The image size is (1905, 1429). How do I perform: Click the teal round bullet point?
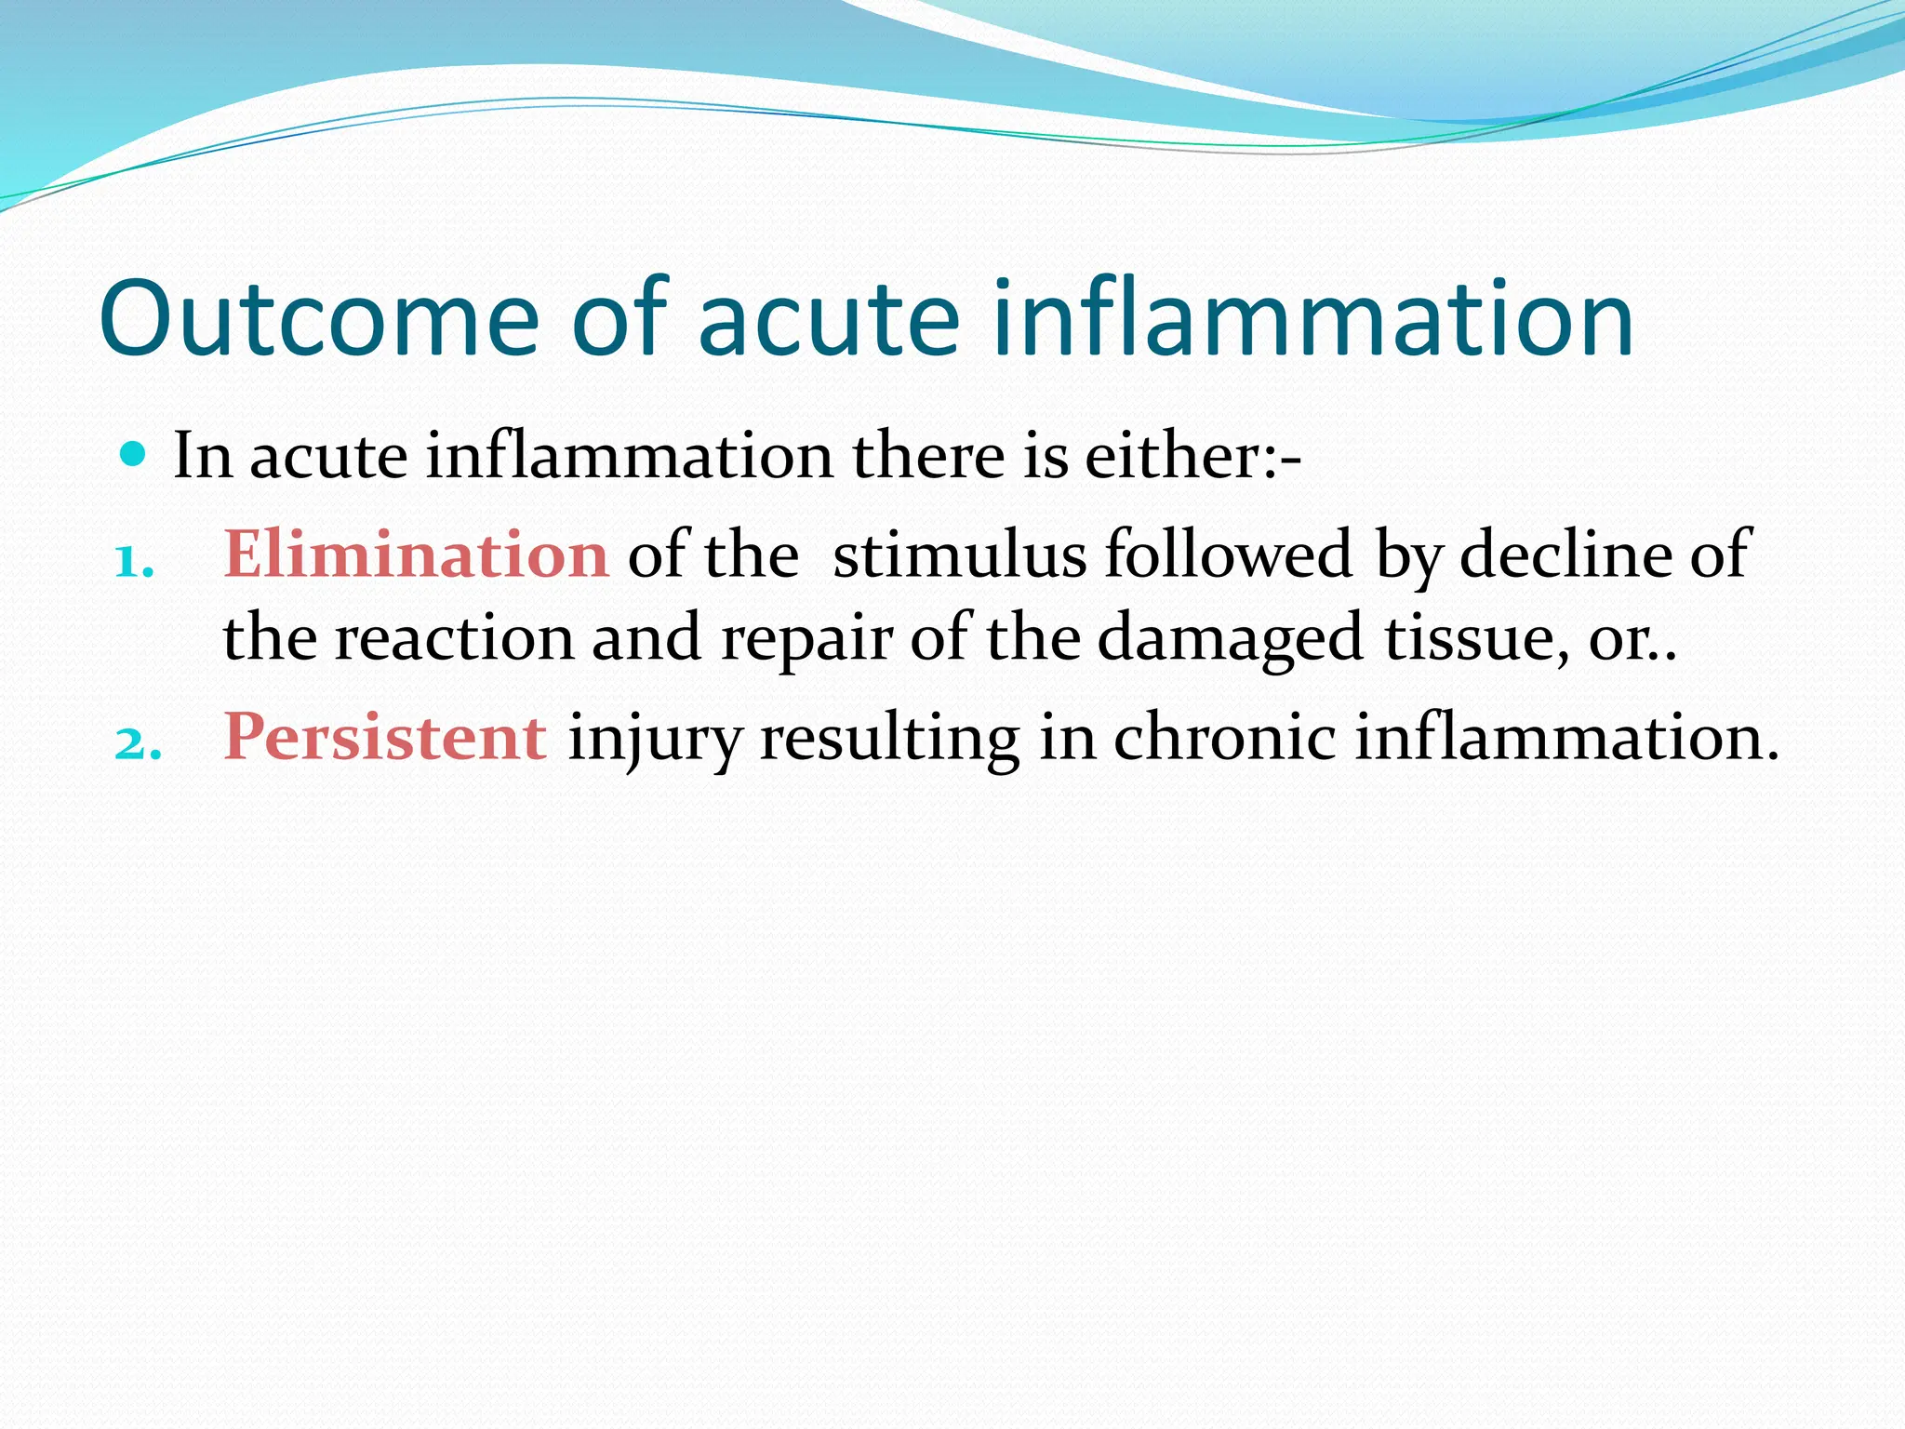pos(134,455)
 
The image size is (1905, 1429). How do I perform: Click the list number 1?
pos(134,561)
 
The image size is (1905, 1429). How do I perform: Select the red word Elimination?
pos(416,554)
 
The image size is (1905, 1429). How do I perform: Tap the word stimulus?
pos(959,554)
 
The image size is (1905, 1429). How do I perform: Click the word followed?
pos(1229,554)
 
